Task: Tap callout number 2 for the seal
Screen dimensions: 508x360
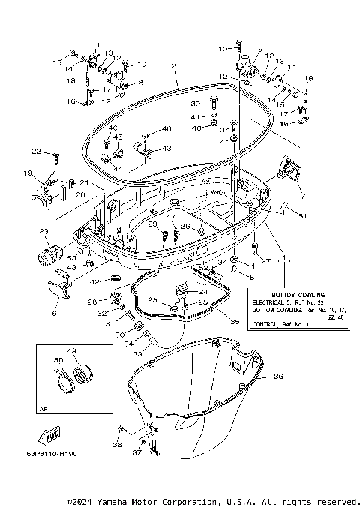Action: tap(173, 67)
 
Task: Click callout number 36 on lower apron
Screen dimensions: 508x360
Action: tap(278, 377)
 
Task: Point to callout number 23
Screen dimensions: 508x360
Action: tap(43, 231)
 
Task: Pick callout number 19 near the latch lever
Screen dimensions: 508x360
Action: tap(28, 174)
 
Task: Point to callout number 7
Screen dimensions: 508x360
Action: tap(302, 196)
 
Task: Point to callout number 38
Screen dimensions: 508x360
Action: tap(116, 444)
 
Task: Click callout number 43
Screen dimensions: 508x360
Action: tap(166, 148)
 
